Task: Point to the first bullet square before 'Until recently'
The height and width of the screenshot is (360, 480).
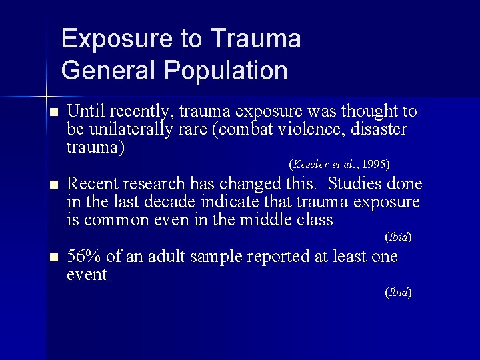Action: pos(54,111)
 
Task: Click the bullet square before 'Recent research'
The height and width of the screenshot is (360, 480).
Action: pos(54,185)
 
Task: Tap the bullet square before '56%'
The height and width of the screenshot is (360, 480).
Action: pos(54,258)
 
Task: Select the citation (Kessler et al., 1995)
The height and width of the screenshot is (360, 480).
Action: pos(339,163)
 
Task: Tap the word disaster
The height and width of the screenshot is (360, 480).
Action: pos(383,129)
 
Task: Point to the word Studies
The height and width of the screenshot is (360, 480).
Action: pos(356,183)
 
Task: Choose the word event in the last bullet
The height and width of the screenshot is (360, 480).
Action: pos(87,274)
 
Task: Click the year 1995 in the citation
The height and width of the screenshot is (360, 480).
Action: pos(377,163)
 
